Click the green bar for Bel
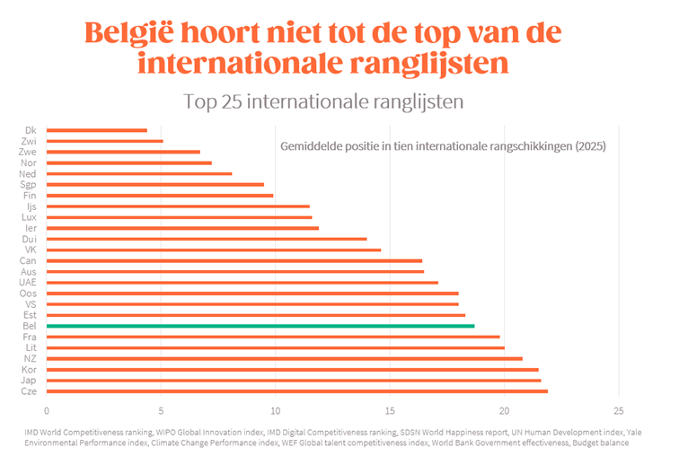pos(260,326)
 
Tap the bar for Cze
pos(296,391)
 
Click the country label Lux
pos(31,217)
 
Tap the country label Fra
pos(31,337)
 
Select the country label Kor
pos(30,370)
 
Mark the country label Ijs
pos(31,206)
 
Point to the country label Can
pos(29,261)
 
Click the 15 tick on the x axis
pos(390,411)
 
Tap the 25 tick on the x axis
pos(619,411)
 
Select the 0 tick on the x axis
pos(46,411)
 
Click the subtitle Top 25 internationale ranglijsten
pos(323,101)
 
